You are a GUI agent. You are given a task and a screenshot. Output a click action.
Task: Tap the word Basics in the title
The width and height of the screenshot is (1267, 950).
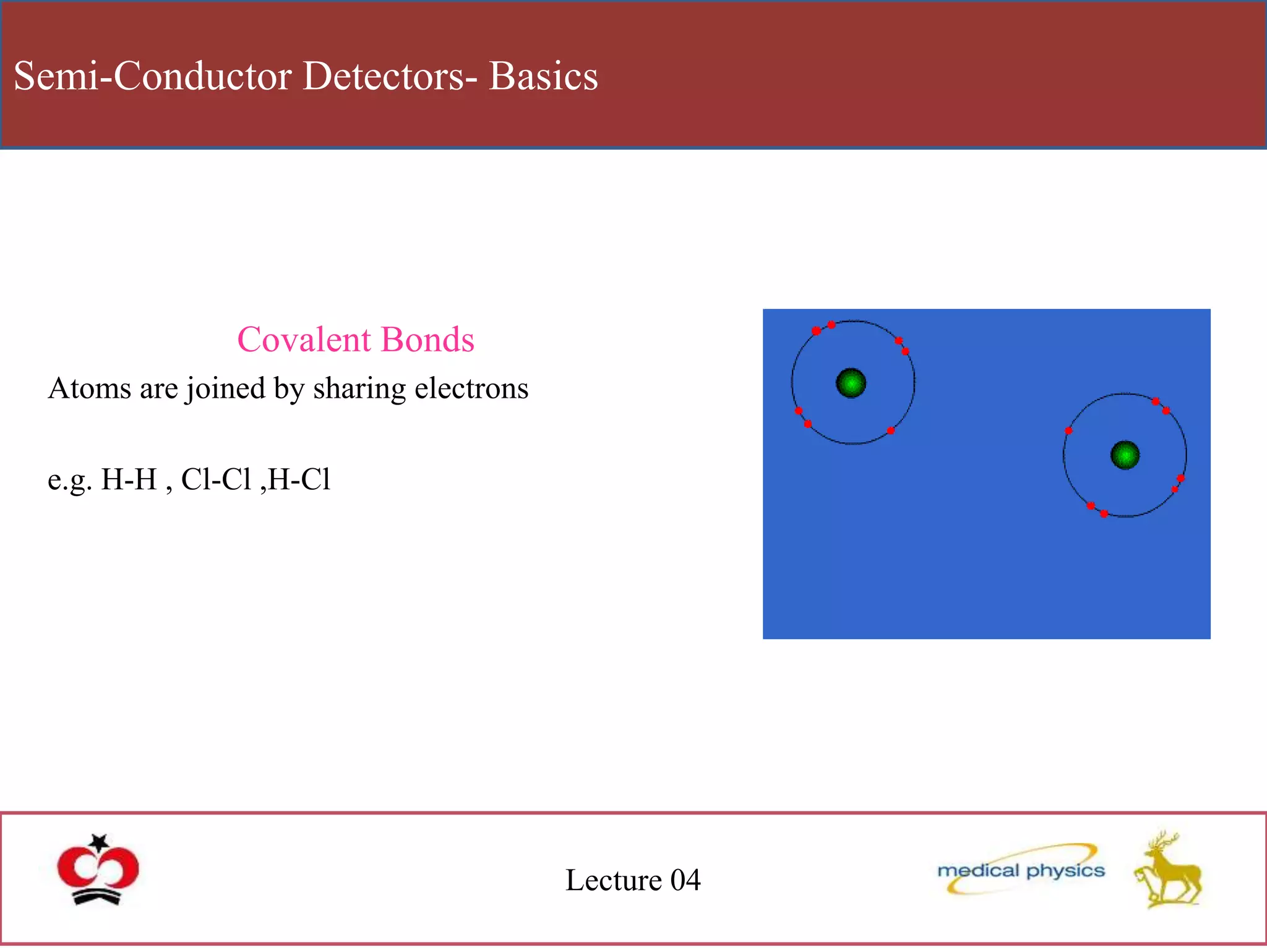click(x=543, y=76)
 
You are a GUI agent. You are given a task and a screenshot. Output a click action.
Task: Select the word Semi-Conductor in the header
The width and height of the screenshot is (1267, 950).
click(x=152, y=76)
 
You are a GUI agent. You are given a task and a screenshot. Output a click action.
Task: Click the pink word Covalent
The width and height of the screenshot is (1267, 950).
click(x=304, y=340)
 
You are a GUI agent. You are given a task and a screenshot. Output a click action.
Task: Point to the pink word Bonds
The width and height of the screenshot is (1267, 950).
click(x=427, y=340)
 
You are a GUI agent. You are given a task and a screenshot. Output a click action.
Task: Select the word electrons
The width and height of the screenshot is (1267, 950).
click(x=471, y=388)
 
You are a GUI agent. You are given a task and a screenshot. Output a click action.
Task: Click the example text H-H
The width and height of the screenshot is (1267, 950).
click(x=129, y=479)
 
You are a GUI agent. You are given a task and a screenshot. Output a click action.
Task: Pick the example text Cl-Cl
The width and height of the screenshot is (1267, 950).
click(x=216, y=479)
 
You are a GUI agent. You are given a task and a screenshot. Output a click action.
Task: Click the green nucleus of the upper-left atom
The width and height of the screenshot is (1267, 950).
click(x=851, y=383)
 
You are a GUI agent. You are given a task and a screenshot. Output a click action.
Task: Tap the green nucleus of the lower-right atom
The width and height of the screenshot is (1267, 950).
click(x=1125, y=455)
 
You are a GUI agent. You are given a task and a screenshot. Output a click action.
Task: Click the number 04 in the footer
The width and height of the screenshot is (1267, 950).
click(x=685, y=880)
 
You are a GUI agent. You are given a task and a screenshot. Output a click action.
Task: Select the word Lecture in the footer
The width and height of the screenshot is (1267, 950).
click(x=614, y=880)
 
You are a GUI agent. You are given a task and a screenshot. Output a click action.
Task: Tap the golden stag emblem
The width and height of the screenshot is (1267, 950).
click(x=1167, y=871)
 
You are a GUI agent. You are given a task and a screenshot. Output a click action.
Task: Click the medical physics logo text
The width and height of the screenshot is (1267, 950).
click(x=1021, y=871)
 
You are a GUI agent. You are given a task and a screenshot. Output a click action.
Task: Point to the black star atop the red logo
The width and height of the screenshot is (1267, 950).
click(x=99, y=842)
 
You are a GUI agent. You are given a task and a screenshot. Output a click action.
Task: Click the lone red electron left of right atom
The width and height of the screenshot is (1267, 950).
click(x=1068, y=430)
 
